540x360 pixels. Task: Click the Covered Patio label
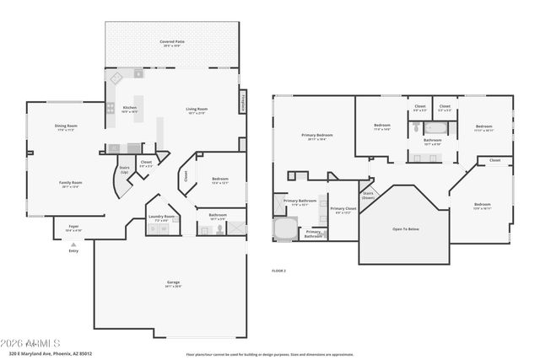pos(172,42)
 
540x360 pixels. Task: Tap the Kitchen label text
pos(130,109)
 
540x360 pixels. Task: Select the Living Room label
pos(197,109)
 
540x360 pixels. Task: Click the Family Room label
pos(70,184)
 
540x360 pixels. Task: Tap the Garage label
pos(173,285)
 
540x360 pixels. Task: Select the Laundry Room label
pos(162,218)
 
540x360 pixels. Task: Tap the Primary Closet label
pos(342,209)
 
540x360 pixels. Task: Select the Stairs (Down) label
pos(367,195)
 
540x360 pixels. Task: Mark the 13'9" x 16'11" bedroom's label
pos(482,206)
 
